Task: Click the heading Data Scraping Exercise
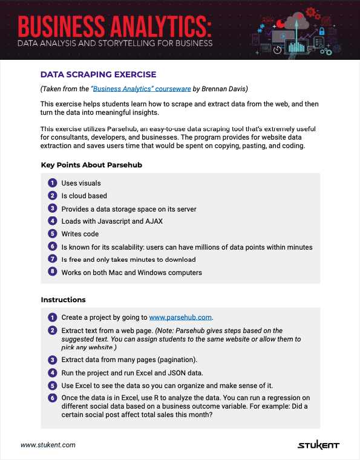[x=98, y=74]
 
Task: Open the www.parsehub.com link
[x=180, y=317]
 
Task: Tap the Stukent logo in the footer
[x=318, y=445]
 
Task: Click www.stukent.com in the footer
[x=48, y=445]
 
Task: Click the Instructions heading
[x=63, y=300]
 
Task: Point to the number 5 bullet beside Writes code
[x=52, y=233]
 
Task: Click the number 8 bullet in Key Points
[x=52, y=272]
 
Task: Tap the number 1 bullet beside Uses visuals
[x=52, y=183]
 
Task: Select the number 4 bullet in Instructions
[x=52, y=372]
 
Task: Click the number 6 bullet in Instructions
[x=52, y=398]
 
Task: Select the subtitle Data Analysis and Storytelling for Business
[x=115, y=44]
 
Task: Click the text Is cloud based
[x=84, y=196]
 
